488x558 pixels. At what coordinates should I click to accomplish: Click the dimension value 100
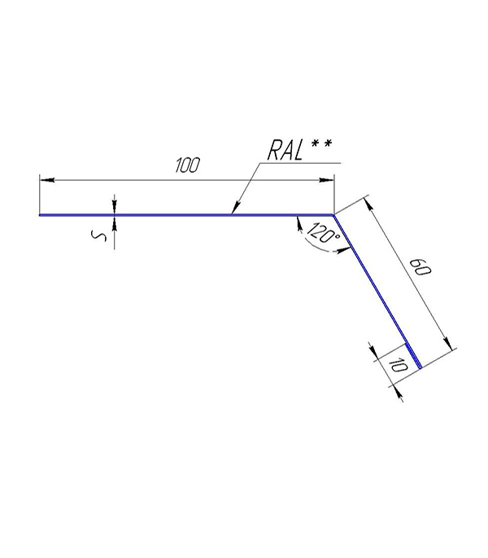point(188,165)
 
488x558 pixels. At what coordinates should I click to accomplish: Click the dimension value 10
point(397,366)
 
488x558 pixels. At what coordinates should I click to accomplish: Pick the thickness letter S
point(98,236)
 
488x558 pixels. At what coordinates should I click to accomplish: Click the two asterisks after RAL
point(321,143)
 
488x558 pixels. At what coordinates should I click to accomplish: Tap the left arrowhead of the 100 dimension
point(47,180)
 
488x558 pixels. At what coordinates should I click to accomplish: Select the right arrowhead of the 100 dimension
point(326,180)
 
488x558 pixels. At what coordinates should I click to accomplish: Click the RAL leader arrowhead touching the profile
point(235,209)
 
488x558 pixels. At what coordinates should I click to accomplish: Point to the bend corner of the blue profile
point(333,215)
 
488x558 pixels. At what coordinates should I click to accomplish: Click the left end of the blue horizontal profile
point(40,215)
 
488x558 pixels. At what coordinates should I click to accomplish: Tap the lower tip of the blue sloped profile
point(420,368)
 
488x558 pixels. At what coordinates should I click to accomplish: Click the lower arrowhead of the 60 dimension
point(448,343)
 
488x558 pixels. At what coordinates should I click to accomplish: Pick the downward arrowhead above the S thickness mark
point(114,207)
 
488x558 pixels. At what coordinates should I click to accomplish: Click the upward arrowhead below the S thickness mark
point(114,223)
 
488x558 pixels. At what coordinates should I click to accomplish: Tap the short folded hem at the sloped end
point(413,355)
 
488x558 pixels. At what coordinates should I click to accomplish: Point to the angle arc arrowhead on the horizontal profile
point(299,223)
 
